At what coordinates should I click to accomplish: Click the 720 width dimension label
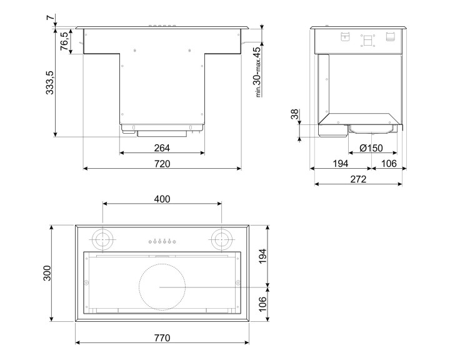click(162, 163)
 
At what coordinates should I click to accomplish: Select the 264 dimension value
click(162, 148)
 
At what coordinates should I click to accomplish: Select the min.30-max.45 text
click(257, 71)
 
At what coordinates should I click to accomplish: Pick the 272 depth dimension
click(358, 179)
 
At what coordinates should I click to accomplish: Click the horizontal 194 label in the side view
click(339, 164)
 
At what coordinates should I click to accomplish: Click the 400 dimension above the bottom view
click(162, 199)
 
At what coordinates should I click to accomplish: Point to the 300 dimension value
click(47, 274)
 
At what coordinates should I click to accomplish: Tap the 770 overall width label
click(162, 337)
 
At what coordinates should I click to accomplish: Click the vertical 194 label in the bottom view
click(262, 256)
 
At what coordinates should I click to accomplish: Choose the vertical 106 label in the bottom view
click(262, 305)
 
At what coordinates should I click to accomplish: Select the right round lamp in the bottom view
click(220, 238)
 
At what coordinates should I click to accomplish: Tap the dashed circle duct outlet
click(162, 287)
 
